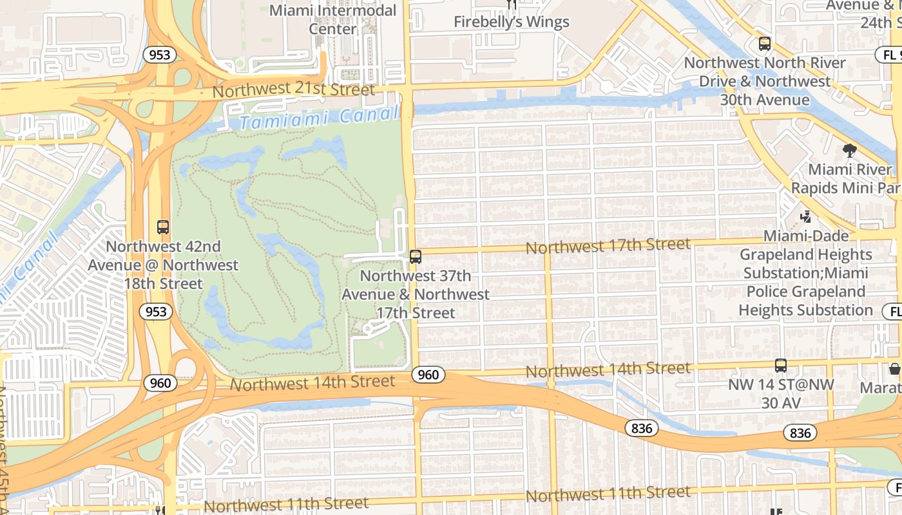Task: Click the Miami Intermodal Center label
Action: (x=332, y=20)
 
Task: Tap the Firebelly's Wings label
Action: (x=512, y=22)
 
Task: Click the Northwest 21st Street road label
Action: (x=293, y=90)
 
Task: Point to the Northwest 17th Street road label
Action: (x=608, y=246)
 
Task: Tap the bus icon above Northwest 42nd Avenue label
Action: (x=163, y=227)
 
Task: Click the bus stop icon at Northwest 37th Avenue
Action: (x=416, y=257)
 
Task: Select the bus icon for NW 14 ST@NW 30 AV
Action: (x=781, y=366)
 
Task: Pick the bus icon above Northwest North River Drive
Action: (x=765, y=44)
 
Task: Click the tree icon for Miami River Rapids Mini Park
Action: (x=850, y=151)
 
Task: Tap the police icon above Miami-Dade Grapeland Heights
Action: (x=805, y=217)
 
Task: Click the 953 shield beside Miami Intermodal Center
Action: (x=159, y=54)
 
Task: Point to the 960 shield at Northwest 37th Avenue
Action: (x=428, y=375)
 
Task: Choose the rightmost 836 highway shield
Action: (x=800, y=433)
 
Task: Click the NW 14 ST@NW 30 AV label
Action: (x=781, y=393)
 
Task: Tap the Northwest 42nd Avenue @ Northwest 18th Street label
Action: (x=163, y=265)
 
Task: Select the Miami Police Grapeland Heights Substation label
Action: (x=805, y=292)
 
